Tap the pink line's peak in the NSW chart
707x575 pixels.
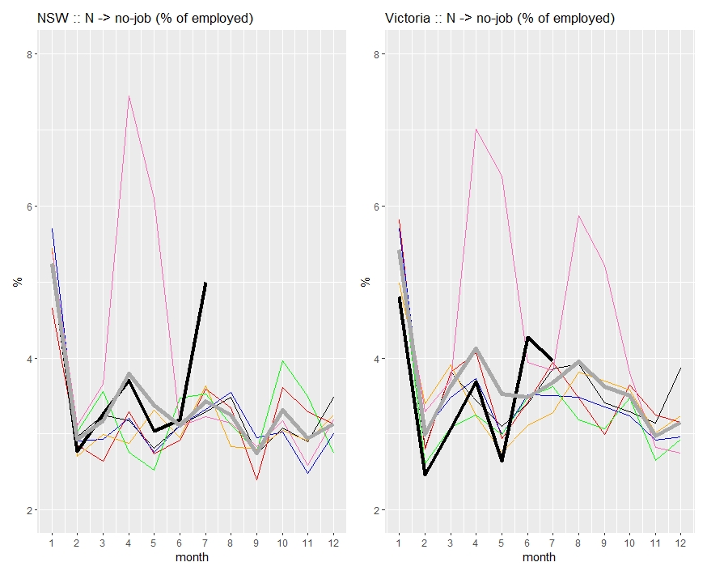coord(129,96)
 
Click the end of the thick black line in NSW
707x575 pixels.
coord(205,283)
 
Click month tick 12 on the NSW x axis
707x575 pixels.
coord(333,541)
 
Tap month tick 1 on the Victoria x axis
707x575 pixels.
coord(400,541)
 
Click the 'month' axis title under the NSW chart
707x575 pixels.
coord(193,557)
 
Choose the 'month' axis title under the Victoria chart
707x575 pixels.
coord(540,557)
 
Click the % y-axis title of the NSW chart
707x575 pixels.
coord(15,282)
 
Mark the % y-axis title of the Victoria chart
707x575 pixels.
coord(362,282)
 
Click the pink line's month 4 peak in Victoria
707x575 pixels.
coord(476,130)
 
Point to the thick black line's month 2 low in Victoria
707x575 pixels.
coord(425,475)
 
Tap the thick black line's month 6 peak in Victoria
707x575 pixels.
coord(527,338)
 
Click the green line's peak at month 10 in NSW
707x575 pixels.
coord(282,361)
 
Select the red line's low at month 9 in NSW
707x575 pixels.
coord(256,479)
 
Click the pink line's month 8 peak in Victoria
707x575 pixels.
coord(578,215)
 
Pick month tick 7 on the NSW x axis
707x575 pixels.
coord(205,541)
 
